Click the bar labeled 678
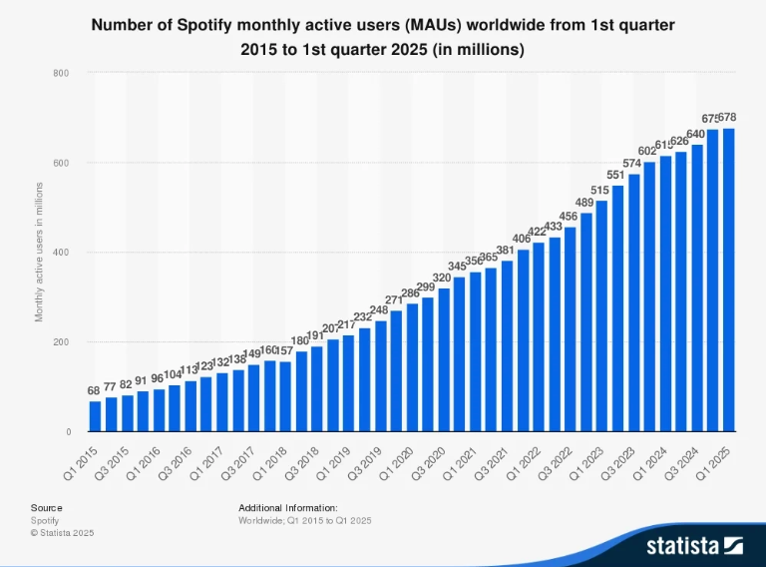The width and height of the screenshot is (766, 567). (729, 281)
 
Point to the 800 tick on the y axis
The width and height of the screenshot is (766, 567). (61, 73)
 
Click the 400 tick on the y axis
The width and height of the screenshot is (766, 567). (61, 253)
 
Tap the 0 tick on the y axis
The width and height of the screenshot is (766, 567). (66, 432)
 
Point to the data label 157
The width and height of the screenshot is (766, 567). (285, 350)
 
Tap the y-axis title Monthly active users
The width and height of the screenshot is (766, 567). (40, 252)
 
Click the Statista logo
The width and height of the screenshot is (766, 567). (694, 545)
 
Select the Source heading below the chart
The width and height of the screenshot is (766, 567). (46, 508)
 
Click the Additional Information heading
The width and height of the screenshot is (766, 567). (288, 508)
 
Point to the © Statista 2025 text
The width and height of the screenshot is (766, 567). (62, 533)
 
